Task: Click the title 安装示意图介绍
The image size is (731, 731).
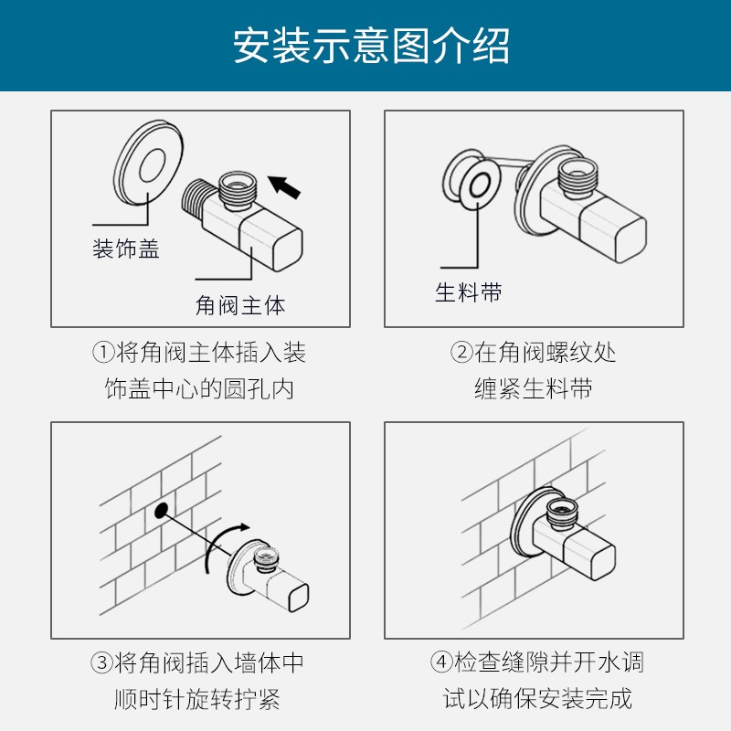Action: click(371, 46)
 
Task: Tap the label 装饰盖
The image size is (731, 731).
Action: click(126, 249)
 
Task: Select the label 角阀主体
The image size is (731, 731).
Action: click(240, 305)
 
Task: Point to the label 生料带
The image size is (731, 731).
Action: click(469, 292)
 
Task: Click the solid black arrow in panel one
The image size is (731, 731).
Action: click(284, 186)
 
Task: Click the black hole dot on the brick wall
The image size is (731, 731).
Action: click(162, 510)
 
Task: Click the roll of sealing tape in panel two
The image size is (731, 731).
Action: click(471, 176)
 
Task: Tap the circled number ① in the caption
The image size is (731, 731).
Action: click(103, 353)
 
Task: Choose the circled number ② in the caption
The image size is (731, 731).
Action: click(461, 353)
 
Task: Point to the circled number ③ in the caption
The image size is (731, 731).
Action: click(102, 662)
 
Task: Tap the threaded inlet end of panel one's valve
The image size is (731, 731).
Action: click(192, 199)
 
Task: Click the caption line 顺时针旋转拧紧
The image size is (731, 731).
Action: click(197, 699)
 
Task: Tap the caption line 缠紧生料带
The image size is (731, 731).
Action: click(534, 388)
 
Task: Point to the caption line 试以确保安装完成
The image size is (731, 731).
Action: click(537, 698)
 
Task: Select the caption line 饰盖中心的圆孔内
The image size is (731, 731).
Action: click(199, 388)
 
